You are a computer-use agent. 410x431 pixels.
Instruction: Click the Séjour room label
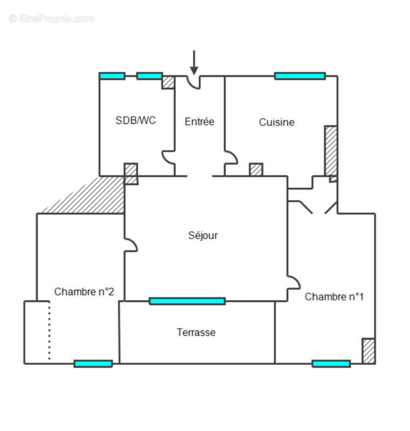click(x=203, y=235)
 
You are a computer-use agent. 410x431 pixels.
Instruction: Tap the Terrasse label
click(x=196, y=332)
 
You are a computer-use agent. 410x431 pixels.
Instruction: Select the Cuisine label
click(x=276, y=122)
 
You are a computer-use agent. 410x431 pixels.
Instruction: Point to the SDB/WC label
click(x=135, y=120)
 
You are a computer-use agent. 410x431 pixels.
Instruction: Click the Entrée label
click(x=199, y=122)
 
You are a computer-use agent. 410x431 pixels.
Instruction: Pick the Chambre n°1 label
click(x=334, y=297)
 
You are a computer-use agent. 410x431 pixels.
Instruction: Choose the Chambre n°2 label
click(x=84, y=291)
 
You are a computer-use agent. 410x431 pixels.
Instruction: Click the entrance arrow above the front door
click(x=194, y=62)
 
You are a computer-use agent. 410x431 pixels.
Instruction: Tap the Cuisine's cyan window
click(x=300, y=76)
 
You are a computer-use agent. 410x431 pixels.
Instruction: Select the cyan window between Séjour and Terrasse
click(x=187, y=301)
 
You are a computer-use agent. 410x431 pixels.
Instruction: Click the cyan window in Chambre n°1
click(x=331, y=364)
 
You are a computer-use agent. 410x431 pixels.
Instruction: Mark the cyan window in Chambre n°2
click(x=93, y=364)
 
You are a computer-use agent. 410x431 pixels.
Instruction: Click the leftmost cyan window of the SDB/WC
click(x=112, y=76)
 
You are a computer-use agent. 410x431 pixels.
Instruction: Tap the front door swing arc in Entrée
click(x=193, y=82)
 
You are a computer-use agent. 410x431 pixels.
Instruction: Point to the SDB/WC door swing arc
click(x=168, y=157)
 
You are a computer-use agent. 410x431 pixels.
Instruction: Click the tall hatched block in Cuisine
click(x=331, y=151)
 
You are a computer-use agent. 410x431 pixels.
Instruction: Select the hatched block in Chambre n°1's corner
click(x=369, y=351)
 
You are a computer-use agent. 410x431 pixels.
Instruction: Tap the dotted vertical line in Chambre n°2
click(x=50, y=330)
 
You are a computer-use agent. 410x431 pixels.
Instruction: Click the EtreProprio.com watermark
click(x=51, y=19)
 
